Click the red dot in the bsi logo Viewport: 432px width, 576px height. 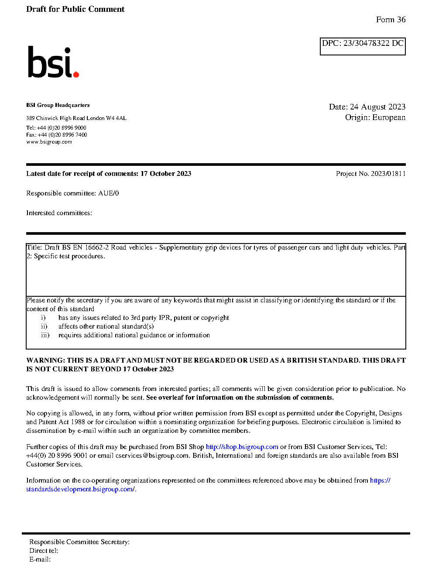pos(76,74)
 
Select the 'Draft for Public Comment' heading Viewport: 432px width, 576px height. pos(75,9)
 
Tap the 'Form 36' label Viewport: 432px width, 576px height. pos(391,20)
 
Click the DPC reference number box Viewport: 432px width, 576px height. pos(363,46)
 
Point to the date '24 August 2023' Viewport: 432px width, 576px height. pos(377,107)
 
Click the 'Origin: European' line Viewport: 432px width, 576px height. pos(375,117)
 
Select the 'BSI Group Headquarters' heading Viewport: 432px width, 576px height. pos(58,105)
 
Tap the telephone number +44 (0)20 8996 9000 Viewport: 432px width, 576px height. pos(62,128)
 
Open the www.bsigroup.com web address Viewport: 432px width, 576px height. pos(49,142)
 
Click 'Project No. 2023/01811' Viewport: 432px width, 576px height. pos(370,174)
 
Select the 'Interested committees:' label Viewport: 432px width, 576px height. pos(59,213)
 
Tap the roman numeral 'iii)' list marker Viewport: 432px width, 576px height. pos(45,335)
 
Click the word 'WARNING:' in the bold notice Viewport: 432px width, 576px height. pos(45,360)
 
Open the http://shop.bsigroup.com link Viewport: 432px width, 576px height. pos(242,447)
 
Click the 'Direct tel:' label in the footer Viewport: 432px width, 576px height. pos(44,551)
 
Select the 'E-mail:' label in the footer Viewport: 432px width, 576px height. pos(40,559)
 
